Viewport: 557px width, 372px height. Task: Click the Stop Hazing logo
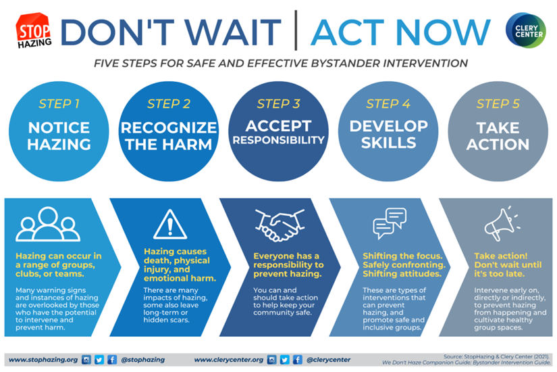pyautogui.click(x=32, y=32)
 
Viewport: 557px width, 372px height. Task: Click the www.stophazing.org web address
pyautogui.click(x=42, y=360)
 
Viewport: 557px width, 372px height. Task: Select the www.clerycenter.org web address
pyautogui.click(x=228, y=360)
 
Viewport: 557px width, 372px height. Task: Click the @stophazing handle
pyautogui.click(x=142, y=360)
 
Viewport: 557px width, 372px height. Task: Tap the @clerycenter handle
pyautogui.click(x=328, y=360)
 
